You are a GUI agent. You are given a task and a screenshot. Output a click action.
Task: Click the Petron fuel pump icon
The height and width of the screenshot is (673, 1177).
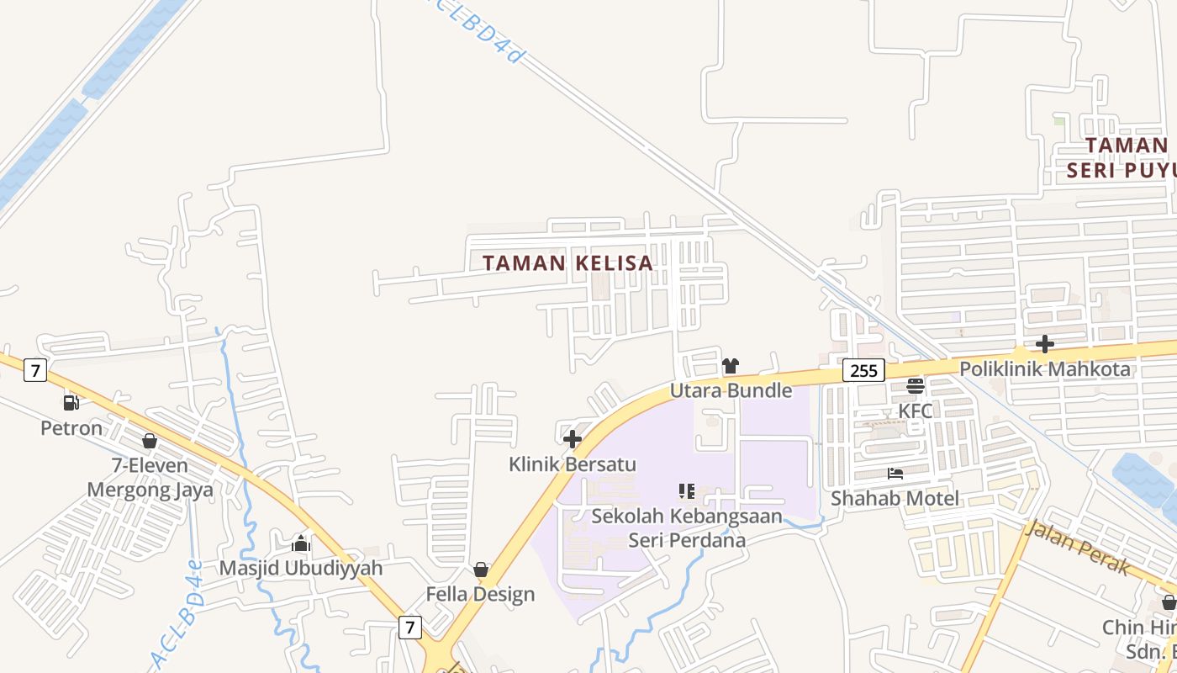(x=71, y=403)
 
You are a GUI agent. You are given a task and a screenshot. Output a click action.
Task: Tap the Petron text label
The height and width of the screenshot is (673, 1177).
(x=71, y=428)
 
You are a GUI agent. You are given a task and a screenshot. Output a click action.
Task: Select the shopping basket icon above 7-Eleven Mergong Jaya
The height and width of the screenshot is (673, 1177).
(x=150, y=441)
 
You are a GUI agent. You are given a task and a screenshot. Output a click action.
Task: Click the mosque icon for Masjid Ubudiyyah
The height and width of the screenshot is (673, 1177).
(x=301, y=543)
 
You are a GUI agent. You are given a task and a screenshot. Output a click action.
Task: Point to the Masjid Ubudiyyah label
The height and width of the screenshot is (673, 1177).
(x=301, y=568)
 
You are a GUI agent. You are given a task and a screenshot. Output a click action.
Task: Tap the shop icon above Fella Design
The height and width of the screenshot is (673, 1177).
(x=481, y=570)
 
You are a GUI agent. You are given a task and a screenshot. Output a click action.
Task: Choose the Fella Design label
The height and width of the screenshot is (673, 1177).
(x=480, y=594)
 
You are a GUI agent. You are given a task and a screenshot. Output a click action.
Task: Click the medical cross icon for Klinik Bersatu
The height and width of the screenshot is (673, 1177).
(x=573, y=439)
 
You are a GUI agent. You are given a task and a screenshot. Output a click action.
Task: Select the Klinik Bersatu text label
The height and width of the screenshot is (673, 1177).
(x=573, y=464)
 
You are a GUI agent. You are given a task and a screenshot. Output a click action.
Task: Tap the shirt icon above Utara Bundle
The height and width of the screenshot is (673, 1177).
(x=731, y=366)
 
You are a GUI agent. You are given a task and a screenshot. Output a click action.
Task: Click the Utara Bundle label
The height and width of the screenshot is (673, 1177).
(x=731, y=390)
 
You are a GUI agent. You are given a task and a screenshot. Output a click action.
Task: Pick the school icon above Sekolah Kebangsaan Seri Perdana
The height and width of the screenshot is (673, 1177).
(x=687, y=491)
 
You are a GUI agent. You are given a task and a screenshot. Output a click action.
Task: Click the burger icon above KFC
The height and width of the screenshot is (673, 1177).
(x=916, y=386)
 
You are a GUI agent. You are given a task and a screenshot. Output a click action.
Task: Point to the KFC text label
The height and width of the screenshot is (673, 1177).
(x=916, y=411)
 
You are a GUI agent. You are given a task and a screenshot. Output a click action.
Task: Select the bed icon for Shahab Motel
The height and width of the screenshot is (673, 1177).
(x=895, y=474)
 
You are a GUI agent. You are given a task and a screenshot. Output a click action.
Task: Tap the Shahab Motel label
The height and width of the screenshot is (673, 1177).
(x=895, y=498)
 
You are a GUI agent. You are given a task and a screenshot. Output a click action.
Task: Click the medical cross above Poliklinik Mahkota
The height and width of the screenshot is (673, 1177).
(x=1045, y=344)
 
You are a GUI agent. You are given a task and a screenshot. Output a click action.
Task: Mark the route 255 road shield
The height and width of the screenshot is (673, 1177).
(x=863, y=370)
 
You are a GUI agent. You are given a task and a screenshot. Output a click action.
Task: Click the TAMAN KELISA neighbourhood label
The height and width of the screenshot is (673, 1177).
(x=568, y=262)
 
